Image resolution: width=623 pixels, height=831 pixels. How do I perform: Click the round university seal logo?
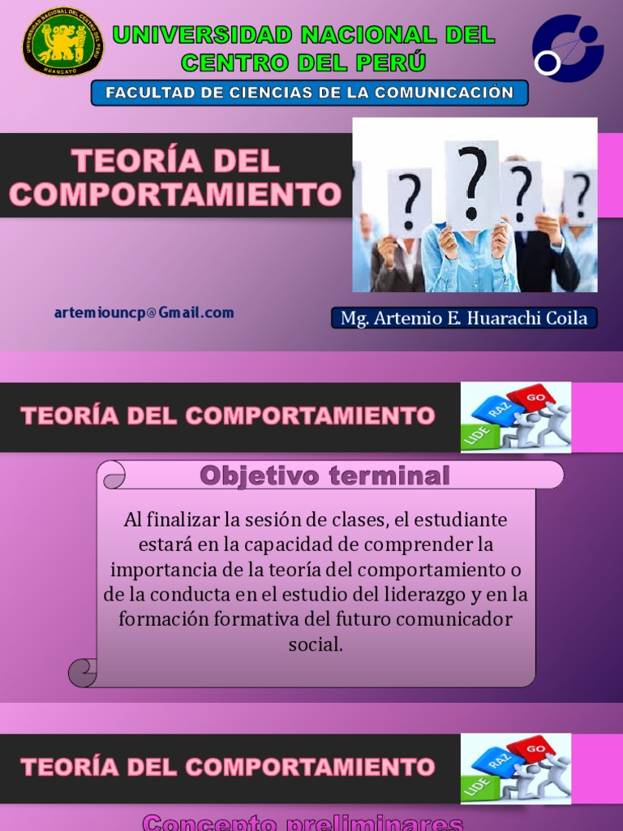pyautogui.click(x=62, y=41)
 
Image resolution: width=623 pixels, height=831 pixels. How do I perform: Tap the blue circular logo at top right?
pyautogui.click(x=567, y=48)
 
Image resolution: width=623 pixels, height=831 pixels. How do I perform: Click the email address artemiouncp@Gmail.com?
pyautogui.click(x=144, y=312)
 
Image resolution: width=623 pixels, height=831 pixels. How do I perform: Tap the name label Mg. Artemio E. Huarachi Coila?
pyautogui.click(x=464, y=318)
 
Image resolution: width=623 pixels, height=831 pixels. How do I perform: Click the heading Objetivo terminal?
pyautogui.click(x=324, y=476)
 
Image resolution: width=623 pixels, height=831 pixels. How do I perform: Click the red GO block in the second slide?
pyautogui.click(x=535, y=397)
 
